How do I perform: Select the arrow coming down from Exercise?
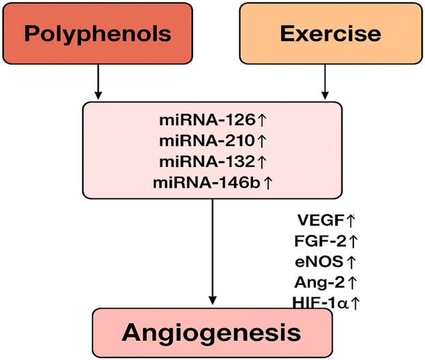point(325,82)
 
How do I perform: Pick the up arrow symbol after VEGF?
point(351,220)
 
